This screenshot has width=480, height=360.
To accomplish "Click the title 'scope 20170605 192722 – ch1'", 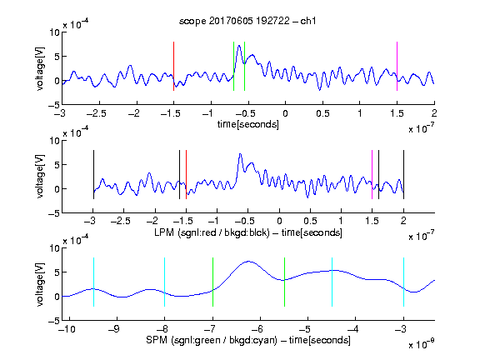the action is (247, 21).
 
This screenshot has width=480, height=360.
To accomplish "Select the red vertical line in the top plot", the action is (173, 66).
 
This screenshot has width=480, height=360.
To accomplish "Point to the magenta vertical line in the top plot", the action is (397, 66).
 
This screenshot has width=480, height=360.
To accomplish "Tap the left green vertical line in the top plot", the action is (233, 66).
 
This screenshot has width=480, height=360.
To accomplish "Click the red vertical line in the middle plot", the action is (186, 174).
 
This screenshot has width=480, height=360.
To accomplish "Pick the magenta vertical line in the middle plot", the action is (372, 174).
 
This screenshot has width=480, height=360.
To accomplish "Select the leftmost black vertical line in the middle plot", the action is (93, 174).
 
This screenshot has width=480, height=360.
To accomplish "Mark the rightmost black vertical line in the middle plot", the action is (403, 174).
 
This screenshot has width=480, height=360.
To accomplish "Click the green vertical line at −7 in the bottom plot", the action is (212, 282).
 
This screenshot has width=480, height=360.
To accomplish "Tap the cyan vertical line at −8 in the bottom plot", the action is (165, 282).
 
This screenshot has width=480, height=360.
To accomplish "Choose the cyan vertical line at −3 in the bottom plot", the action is (403, 282).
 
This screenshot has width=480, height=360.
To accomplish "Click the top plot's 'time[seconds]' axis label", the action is (248, 125).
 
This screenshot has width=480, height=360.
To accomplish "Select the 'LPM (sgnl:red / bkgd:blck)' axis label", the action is (212, 232).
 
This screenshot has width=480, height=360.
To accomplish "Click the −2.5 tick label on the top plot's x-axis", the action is (97, 113).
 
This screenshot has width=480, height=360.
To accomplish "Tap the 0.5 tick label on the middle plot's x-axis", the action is (310, 221).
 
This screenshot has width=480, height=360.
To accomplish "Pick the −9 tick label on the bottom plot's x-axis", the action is (114, 329).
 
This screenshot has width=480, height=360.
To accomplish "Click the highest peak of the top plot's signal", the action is (239, 46).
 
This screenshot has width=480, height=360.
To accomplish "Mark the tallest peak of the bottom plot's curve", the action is (248, 261).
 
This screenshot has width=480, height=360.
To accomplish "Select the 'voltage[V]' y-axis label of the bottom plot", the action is (40, 284).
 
